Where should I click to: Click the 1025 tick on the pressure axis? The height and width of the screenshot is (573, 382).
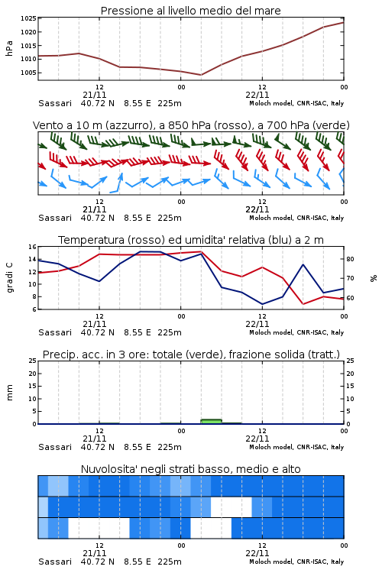[28, 18]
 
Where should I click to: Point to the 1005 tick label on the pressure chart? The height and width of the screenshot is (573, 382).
[28, 73]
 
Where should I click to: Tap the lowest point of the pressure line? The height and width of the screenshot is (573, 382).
[201, 75]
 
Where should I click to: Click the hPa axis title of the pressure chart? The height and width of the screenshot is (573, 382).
[9, 48]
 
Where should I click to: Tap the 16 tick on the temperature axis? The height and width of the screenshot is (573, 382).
[32, 247]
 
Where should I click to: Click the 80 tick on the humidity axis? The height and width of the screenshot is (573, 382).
[350, 259]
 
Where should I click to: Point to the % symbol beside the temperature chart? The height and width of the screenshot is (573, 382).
[374, 278]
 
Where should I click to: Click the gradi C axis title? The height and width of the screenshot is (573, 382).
[9, 278]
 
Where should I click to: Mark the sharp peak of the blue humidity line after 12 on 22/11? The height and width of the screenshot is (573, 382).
[303, 264]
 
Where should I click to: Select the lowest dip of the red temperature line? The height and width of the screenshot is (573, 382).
[303, 304]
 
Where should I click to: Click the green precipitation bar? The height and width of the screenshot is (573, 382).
[212, 421]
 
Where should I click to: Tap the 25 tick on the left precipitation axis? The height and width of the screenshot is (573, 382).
[32, 361]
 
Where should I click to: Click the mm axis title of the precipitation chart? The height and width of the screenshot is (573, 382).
[9, 393]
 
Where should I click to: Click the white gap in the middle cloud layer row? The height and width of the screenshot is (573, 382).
[231, 507]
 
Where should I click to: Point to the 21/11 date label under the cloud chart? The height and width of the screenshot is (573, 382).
[95, 553]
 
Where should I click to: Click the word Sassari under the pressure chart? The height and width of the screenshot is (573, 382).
[55, 103]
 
